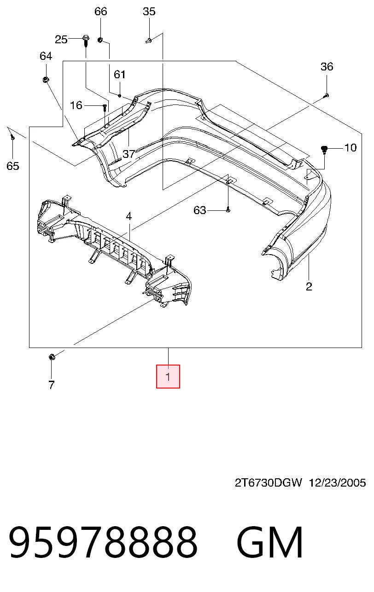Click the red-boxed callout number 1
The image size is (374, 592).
[x=168, y=377]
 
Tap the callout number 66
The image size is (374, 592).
[x=101, y=12]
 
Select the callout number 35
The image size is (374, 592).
[x=149, y=12]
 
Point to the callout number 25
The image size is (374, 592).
[x=61, y=40]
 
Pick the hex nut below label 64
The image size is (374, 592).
[x=45, y=79]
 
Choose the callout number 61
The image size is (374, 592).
[x=120, y=74]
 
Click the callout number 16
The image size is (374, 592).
[x=76, y=105]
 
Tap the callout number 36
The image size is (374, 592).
[x=327, y=66]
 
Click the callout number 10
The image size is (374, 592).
[x=351, y=147]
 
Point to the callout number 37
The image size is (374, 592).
[x=129, y=154]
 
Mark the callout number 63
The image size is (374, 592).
[x=200, y=210]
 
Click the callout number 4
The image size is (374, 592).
[x=129, y=216]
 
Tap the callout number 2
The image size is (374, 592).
[x=309, y=286]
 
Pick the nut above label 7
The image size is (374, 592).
[x=52, y=357]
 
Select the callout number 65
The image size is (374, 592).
[x=13, y=166]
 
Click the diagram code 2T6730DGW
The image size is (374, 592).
[x=268, y=483]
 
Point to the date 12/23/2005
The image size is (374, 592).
[x=338, y=483]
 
